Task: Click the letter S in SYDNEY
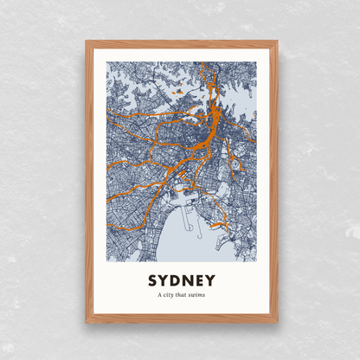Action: pos(152,281)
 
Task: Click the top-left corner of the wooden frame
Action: pos(87,40)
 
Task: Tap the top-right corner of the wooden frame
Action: pos(277,40)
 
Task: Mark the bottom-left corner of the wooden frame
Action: pos(87,322)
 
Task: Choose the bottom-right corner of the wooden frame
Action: pos(277,322)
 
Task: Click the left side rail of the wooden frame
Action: pos(88,182)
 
